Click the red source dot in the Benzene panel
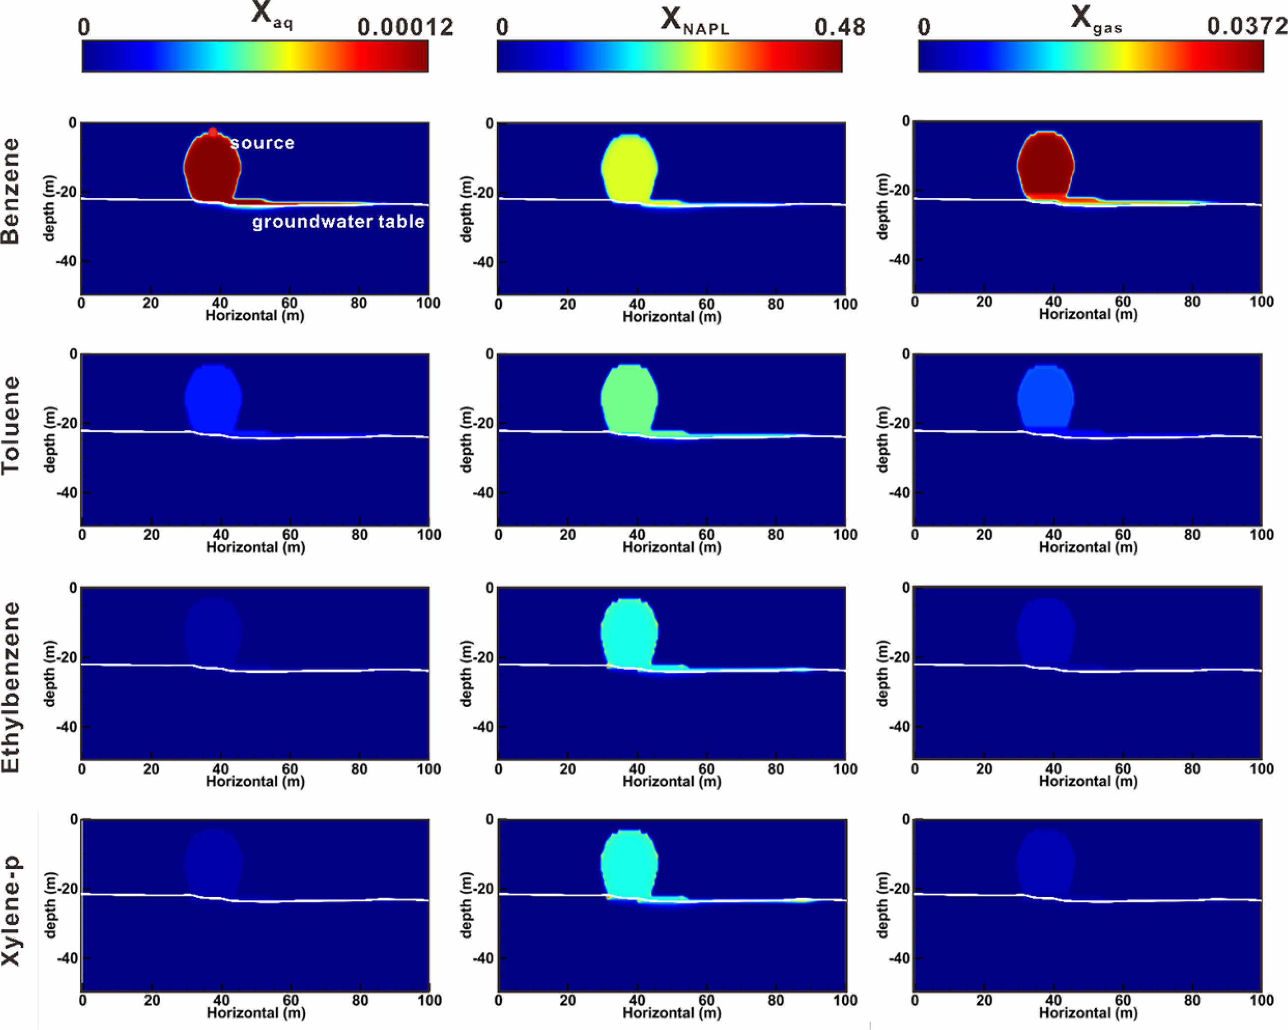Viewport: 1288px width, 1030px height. coord(213,132)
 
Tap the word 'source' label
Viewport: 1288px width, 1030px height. coord(262,143)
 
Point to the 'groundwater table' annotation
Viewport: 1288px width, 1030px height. coord(338,222)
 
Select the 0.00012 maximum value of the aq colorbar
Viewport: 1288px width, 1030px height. coord(405,27)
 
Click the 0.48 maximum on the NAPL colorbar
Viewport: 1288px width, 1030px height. coord(839,27)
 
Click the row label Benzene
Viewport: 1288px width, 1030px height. coord(11,191)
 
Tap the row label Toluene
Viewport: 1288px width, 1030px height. coord(11,425)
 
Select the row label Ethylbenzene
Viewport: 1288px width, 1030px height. coord(11,687)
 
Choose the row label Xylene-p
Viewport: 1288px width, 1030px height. coord(11,910)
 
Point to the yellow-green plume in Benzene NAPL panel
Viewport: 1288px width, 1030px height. coord(629,167)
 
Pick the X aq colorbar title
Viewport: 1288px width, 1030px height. coord(271,15)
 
